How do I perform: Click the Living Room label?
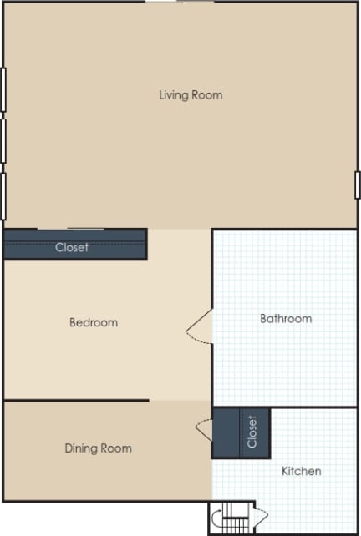pos(191,95)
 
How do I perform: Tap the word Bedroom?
pos(93,322)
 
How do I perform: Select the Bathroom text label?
pos(286,318)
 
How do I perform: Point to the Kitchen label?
pos(301,471)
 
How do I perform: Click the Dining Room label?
pos(98,448)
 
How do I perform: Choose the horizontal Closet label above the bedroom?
pos(72,248)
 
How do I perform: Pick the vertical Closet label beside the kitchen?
pos(252,432)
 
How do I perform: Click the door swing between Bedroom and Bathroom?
pos(199,326)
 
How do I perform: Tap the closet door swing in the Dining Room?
pos(204,429)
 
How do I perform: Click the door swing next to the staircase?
pos(259,518)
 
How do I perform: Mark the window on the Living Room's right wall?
pos(358,185)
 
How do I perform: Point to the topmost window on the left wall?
pos(3,89)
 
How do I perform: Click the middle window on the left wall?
pos(3,140)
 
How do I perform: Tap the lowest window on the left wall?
pos(3,195)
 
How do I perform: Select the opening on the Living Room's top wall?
pos(179,3)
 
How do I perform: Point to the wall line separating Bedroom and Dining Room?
pos(76,400)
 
